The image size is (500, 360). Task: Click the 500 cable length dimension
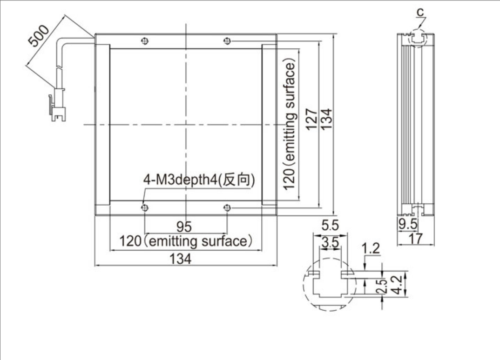pos(39,35)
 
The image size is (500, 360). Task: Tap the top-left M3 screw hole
pos(145,41)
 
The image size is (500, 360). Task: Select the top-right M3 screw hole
pos(227,41)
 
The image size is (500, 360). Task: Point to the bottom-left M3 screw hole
pos(145,208)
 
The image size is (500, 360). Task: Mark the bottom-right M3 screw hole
pos(227,208)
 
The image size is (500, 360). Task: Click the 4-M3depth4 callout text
pos(199,180)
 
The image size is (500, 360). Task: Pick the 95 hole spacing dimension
pos(184,227)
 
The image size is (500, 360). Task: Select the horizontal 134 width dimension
pos(181,259)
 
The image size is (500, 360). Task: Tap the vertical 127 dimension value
pos(311,120)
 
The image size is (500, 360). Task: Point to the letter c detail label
pos(420,12)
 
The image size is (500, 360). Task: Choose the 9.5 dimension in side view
pos(407,224)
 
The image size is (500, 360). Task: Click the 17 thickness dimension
pos(416,238)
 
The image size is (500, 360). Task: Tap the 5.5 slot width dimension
pos(330,225)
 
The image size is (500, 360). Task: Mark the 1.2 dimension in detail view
pos(371,248)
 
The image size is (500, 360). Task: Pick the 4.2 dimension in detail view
pos(396,285)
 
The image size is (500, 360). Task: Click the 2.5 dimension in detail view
pos(382,286)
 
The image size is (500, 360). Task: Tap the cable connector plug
pos(58,105)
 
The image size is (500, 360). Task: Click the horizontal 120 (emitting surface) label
pos(186,241)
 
